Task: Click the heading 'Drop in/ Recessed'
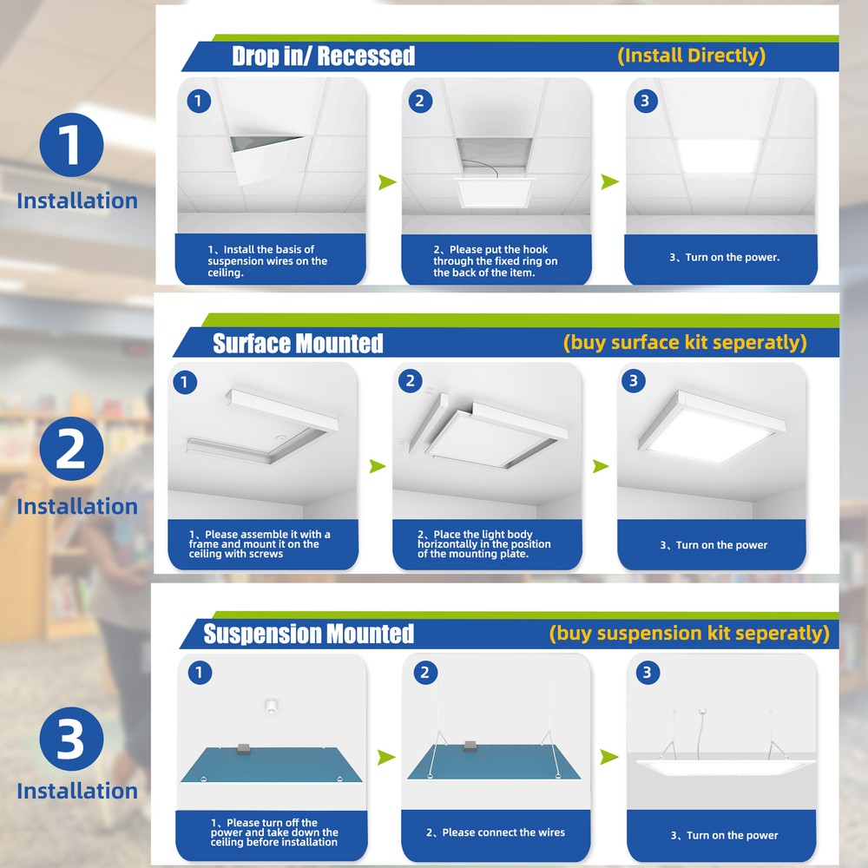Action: point(323,56)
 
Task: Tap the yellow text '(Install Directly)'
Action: point(691,56)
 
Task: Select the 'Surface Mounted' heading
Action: point(298,344)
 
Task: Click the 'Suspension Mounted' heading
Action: point(308,634)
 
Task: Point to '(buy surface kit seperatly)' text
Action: point(684,342)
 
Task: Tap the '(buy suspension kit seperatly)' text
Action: point(688,633)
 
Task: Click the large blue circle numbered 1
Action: point(71,144)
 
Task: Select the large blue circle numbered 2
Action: point(71,450)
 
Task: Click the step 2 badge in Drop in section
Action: point(419,101)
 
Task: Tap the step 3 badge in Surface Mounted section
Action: point(634,381)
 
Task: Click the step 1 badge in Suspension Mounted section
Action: point(199,673)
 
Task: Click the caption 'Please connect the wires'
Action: point(496,832)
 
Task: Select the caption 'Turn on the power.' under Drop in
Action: point(724,258)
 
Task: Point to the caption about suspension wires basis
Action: point(267,261)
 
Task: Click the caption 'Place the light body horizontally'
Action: point(483,544)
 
